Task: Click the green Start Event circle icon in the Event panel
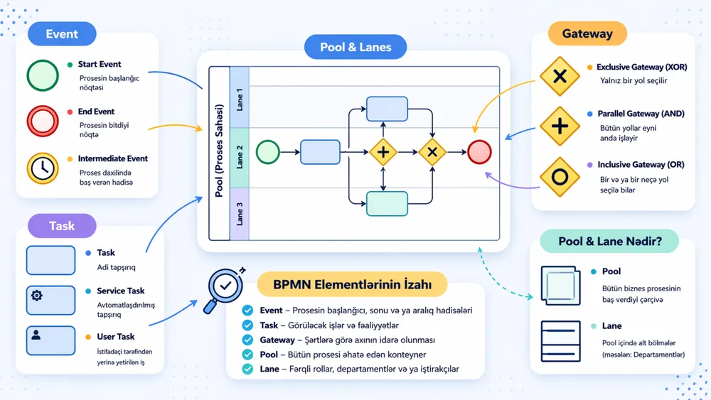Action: tap(43, 75)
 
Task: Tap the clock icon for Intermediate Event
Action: tap(43, 168)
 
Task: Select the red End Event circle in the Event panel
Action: tap(43, 121)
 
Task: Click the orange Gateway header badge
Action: tap(587, 33)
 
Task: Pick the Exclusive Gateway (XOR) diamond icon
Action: tap(560, 76)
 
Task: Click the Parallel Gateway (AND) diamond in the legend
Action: tap(560, 126)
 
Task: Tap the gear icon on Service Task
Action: tap(37, 296)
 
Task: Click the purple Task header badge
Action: tap(62, 226)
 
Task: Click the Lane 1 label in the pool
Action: tap(240, 98)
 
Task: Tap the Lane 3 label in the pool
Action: tap(240, 214)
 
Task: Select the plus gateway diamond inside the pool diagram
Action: tap(383, 152)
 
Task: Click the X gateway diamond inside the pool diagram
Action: tap(432, 152)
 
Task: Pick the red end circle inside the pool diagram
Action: tap(479, 152)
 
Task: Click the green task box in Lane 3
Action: tap(387, 203)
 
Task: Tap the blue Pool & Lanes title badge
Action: tap(356, 48)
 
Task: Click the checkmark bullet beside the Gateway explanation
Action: tap(247, 340)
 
